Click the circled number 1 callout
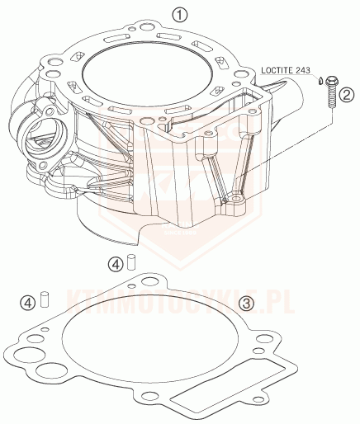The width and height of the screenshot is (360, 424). (179, 15)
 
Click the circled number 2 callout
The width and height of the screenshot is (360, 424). (347, 95)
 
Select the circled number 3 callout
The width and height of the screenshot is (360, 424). (246, 304)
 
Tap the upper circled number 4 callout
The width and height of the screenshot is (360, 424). (115, 265)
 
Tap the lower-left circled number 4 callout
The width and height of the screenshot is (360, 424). (28, 303)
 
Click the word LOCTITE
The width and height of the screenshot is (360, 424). (277, 70)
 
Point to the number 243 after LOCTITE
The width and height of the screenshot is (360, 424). (303, 70)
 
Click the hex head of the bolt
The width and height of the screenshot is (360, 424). (332, 81)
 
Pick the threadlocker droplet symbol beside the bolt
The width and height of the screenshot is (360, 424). (320, 82)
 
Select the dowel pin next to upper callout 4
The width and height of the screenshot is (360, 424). (131, 262)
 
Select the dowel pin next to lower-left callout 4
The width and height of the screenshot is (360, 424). (45, 299)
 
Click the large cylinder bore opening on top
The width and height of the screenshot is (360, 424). (147, 74)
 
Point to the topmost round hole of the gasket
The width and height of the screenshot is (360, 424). (149, 281)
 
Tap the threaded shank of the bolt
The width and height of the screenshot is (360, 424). (331, 97)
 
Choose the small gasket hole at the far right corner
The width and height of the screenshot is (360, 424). (258, 399)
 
